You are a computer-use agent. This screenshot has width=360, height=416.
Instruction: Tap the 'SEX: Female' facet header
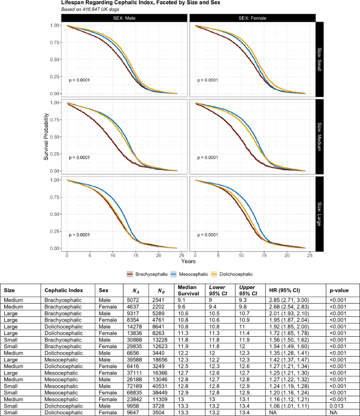point(252,18)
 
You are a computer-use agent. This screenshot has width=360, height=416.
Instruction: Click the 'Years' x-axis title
point(188,261)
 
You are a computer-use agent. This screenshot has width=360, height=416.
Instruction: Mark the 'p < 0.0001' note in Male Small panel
point(81,80)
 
